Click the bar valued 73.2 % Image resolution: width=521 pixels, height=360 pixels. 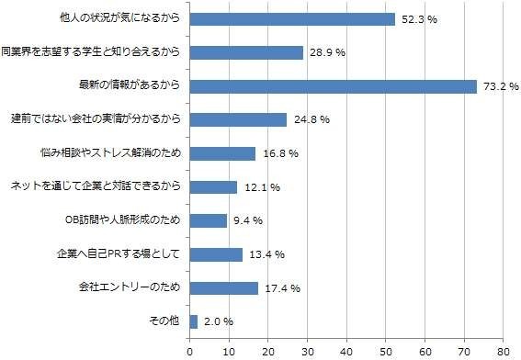tap(333, 86)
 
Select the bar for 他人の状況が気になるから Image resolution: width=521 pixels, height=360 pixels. tap(292, 18)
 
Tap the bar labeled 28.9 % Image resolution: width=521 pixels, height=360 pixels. tap(246, 52)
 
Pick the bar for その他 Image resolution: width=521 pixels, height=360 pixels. tap(193, 321)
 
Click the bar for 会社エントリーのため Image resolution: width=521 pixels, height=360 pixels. tap(223, 287)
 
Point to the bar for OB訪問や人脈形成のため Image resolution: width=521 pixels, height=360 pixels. tap(208, 220)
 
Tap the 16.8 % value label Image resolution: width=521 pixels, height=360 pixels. tap(278, 154)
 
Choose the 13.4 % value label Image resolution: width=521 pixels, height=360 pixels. tap(266, 254)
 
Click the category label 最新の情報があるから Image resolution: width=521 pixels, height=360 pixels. tap(132, 86)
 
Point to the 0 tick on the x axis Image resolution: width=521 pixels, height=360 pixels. tap(189, 351)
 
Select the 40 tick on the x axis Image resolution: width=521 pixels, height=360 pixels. tap(346, 351)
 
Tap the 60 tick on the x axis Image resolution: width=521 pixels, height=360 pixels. tap(425, 351)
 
